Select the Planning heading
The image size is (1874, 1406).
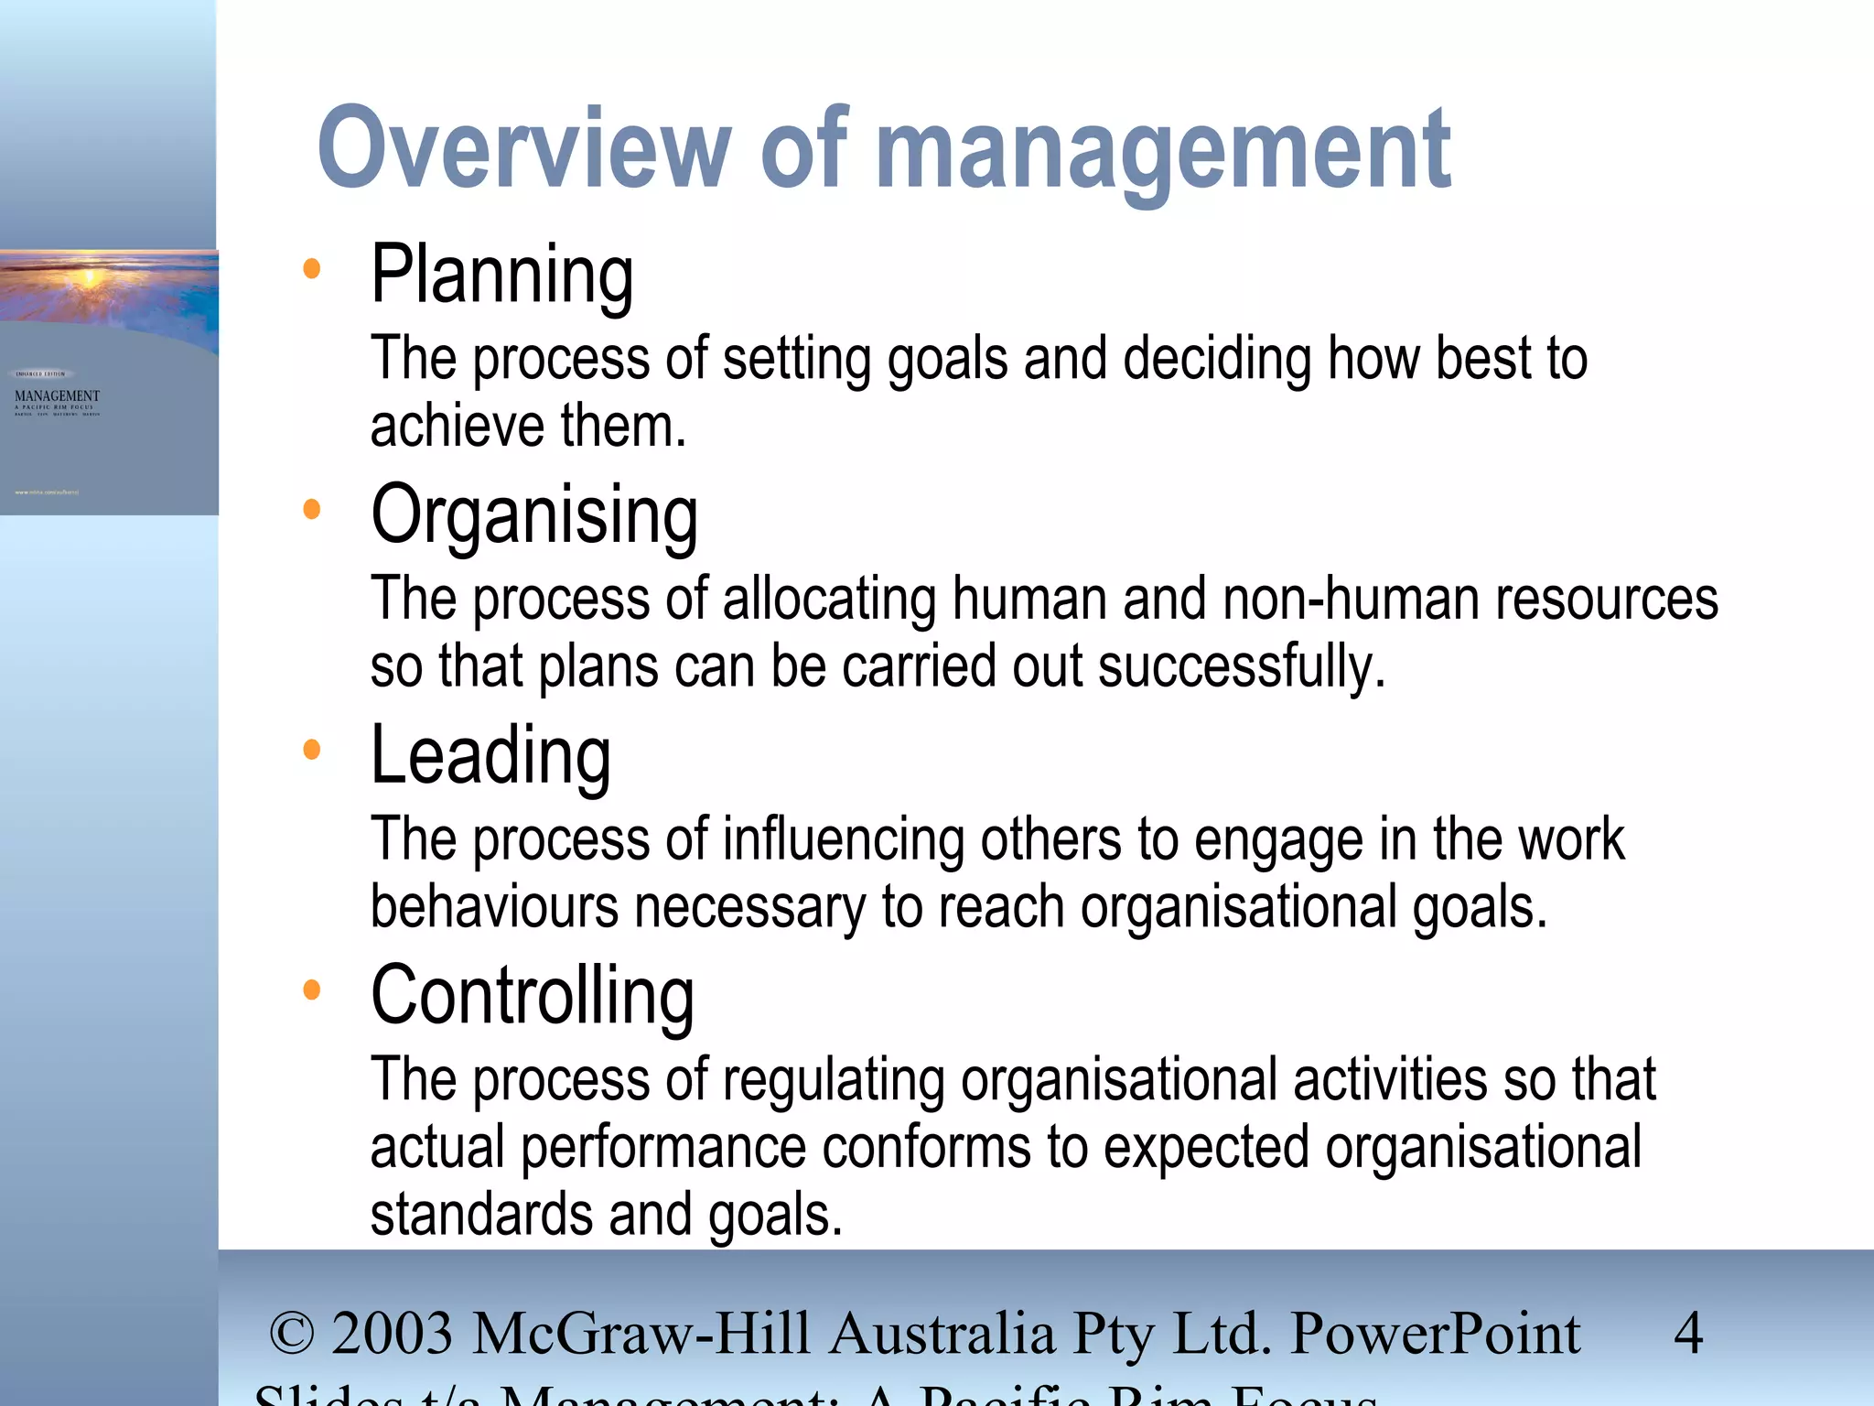(x=501, y=275)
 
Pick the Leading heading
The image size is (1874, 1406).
(x=490, y=756)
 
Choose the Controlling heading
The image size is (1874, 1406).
(x=533, y=997)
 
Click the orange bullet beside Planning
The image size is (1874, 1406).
(x=312, y=268)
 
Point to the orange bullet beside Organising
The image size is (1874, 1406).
(x=312, y=509)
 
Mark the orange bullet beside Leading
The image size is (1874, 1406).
(x=312, y=750)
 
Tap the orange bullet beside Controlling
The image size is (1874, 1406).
(x=312, y=990)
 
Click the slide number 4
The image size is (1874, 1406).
(x=1688, y=1333)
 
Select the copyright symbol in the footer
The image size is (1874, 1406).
(x=292, y=1334)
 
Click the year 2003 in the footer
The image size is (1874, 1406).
(x=393, y=1334)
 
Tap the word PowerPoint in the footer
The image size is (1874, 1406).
(x=1435, y=1334)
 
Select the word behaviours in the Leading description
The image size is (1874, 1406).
(x=494, y=907)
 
